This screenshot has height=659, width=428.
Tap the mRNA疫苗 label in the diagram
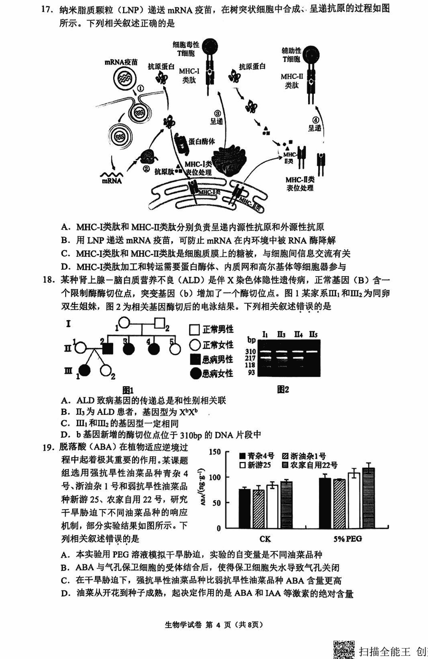121,62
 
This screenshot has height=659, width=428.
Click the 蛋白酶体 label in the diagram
201,141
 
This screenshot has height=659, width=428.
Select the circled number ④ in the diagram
315,119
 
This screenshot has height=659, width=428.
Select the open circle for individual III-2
106,371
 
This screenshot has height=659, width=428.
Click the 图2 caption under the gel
283,390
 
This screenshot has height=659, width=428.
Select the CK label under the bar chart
265,539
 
